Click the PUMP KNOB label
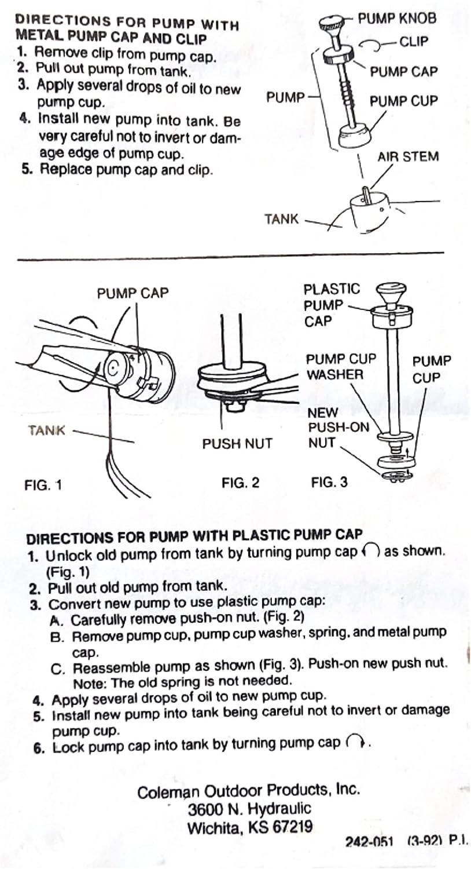pyautogui.click(x=396, y=18)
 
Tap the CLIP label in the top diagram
pyautogui.click(x=414, y=42)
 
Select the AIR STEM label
pyautogui.click(x=408, y=156)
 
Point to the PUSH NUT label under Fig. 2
pyautogui.click(x=237, y=444)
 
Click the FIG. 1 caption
pyautogui.click(x=43, y=484)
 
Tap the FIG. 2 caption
pyautogui.click(x=240, y=482)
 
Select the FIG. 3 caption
pyautogui.click(x=329, y=482)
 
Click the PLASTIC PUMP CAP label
pyautogui.click(x=331, y=305)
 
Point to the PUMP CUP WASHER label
pyautogui.click(x=341, y=367)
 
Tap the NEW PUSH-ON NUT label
pyautogui.click(x=338, y=428)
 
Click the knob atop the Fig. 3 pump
pyautogui.click(x=391, y=290)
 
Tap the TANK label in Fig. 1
pyautogui.click(x=46, y=430)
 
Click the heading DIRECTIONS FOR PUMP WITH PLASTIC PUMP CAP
pyautogui.click(x=194, y=535)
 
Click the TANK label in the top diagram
pyautogui.click(x=282, y=219)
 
